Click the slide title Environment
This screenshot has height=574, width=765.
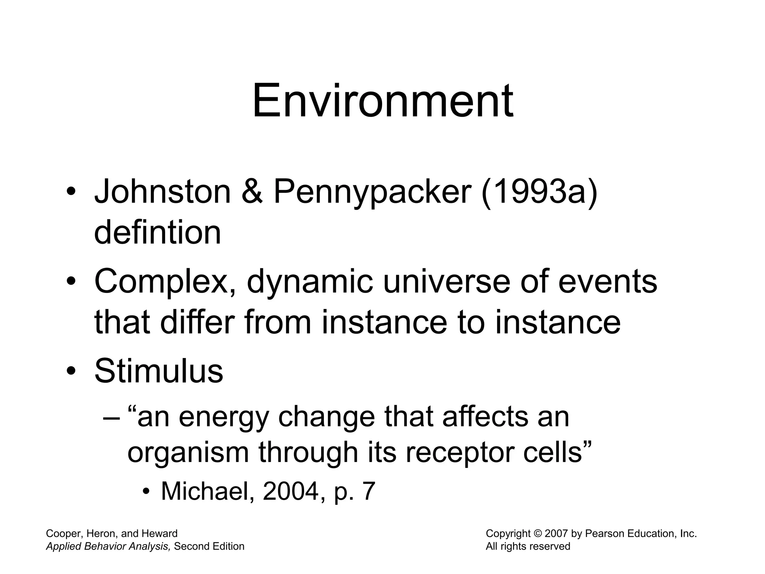point(382,101)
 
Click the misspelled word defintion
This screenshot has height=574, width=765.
point(157,232)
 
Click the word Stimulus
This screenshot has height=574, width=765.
point(159,371)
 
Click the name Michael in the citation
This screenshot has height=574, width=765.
point(208,491)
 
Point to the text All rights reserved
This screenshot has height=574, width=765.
point(528,546)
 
